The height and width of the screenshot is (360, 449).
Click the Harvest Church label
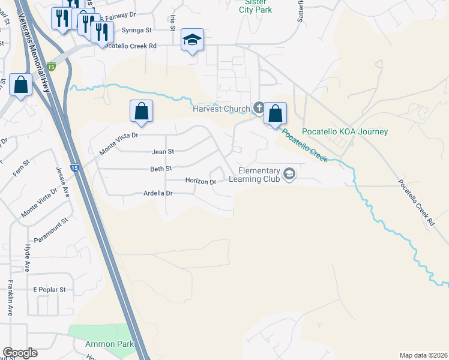tap(220, 109)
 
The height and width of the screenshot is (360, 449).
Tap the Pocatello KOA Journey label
tap(345, 132)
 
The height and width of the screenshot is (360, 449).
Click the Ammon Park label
tap(109, 344)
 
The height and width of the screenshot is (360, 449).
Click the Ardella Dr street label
tap(158, 193)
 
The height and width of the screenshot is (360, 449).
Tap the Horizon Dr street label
tap(200, 181)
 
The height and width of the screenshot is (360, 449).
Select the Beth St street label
tap(161, 169)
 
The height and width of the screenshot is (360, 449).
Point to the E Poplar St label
tap(49, 289)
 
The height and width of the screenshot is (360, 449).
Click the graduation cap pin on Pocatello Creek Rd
tap(192, 40)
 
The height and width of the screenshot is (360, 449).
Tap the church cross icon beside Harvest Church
tap(259, 108)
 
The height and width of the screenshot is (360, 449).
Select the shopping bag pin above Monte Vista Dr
tap(141, 111)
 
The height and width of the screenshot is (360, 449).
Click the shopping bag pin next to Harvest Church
tap(275, 113)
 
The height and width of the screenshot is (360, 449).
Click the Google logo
tap(20, 353)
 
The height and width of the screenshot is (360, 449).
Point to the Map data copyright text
tap(423, 355)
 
